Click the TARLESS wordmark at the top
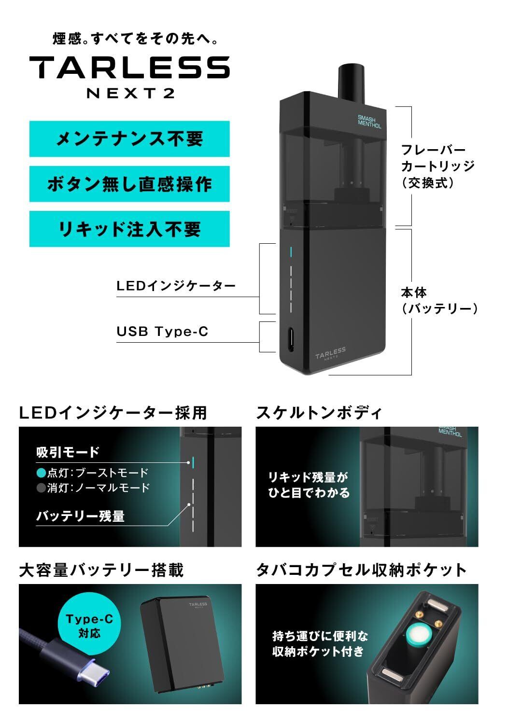click(129, 67)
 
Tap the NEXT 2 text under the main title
click(130, 93)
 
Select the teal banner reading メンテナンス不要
click(129, 139)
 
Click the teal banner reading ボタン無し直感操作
click(129, 184)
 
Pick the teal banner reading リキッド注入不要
click(129, 229)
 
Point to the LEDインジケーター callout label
click(176, 286)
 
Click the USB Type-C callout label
click(162, 332)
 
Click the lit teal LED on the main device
click(291, 252)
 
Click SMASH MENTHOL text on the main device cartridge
click(369, 121)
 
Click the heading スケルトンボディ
click(319, 413)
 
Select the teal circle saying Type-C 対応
click(89, 625)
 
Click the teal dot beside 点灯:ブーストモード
click(41, 473)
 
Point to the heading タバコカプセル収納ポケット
click(361, 570)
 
